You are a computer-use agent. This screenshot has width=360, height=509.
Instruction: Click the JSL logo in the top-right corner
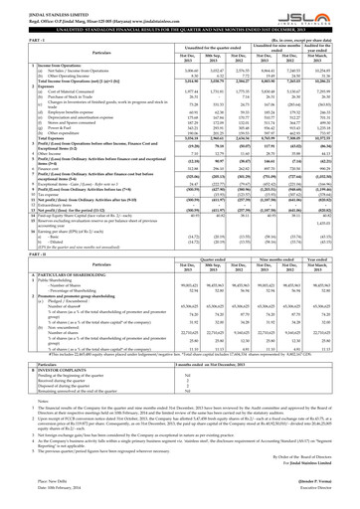tap(334, 15)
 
